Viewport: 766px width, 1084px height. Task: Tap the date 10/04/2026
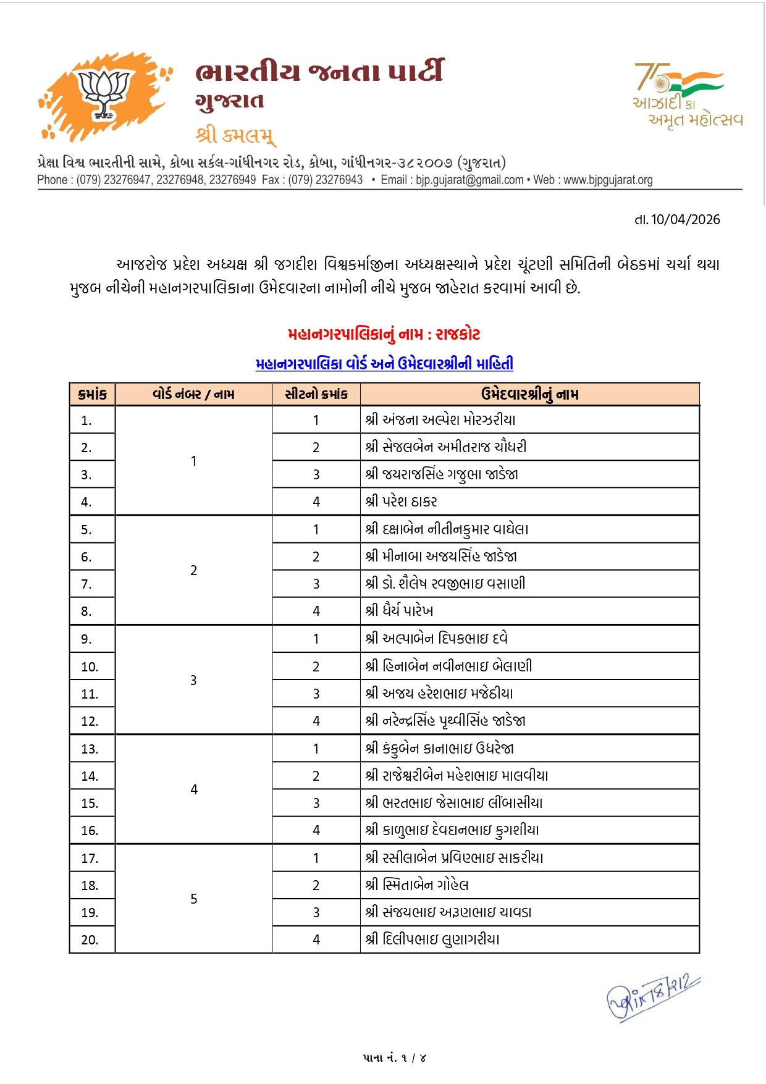pyautogui.click(x=678, y=220)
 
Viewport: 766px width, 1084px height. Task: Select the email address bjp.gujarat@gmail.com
pyautogui.click(x=469, y=180)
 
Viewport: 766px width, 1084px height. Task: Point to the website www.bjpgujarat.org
pyautogui.click(x=608, y=180)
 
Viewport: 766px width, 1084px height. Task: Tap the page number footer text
pyautogui.click(x=394, y=1058)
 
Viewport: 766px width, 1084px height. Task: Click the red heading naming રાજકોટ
pyautogui.click(x=384, y=334)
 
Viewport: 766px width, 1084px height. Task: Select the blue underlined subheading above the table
pyautogui.click(x=384, y=364)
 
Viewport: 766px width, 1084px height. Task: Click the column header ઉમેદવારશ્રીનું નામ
pyautogui.click(x=529, y=394)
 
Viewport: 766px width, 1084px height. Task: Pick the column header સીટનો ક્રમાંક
pyautogui.click(x=316, y=394)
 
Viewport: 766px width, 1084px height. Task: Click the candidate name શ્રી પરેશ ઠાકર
pyautogui.click(x=402, y=502)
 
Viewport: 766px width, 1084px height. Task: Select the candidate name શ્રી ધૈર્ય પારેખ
pyautogui.click(x=399, y=611)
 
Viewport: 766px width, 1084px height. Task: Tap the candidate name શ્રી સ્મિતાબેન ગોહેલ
pyautogui.click(x=417, y=885)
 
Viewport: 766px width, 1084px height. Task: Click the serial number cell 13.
pyautogui.click(x=90, y=749)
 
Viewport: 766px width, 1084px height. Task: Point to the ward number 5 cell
pyautogui.click(x=193, y=899)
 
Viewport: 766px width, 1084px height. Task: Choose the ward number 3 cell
pyautogui.click(x=193, y=680)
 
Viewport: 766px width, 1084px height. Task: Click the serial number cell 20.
pyautogui.click(x=90, y=940)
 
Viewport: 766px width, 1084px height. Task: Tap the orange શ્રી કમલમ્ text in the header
pyautogui.click(x=235, y=134)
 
